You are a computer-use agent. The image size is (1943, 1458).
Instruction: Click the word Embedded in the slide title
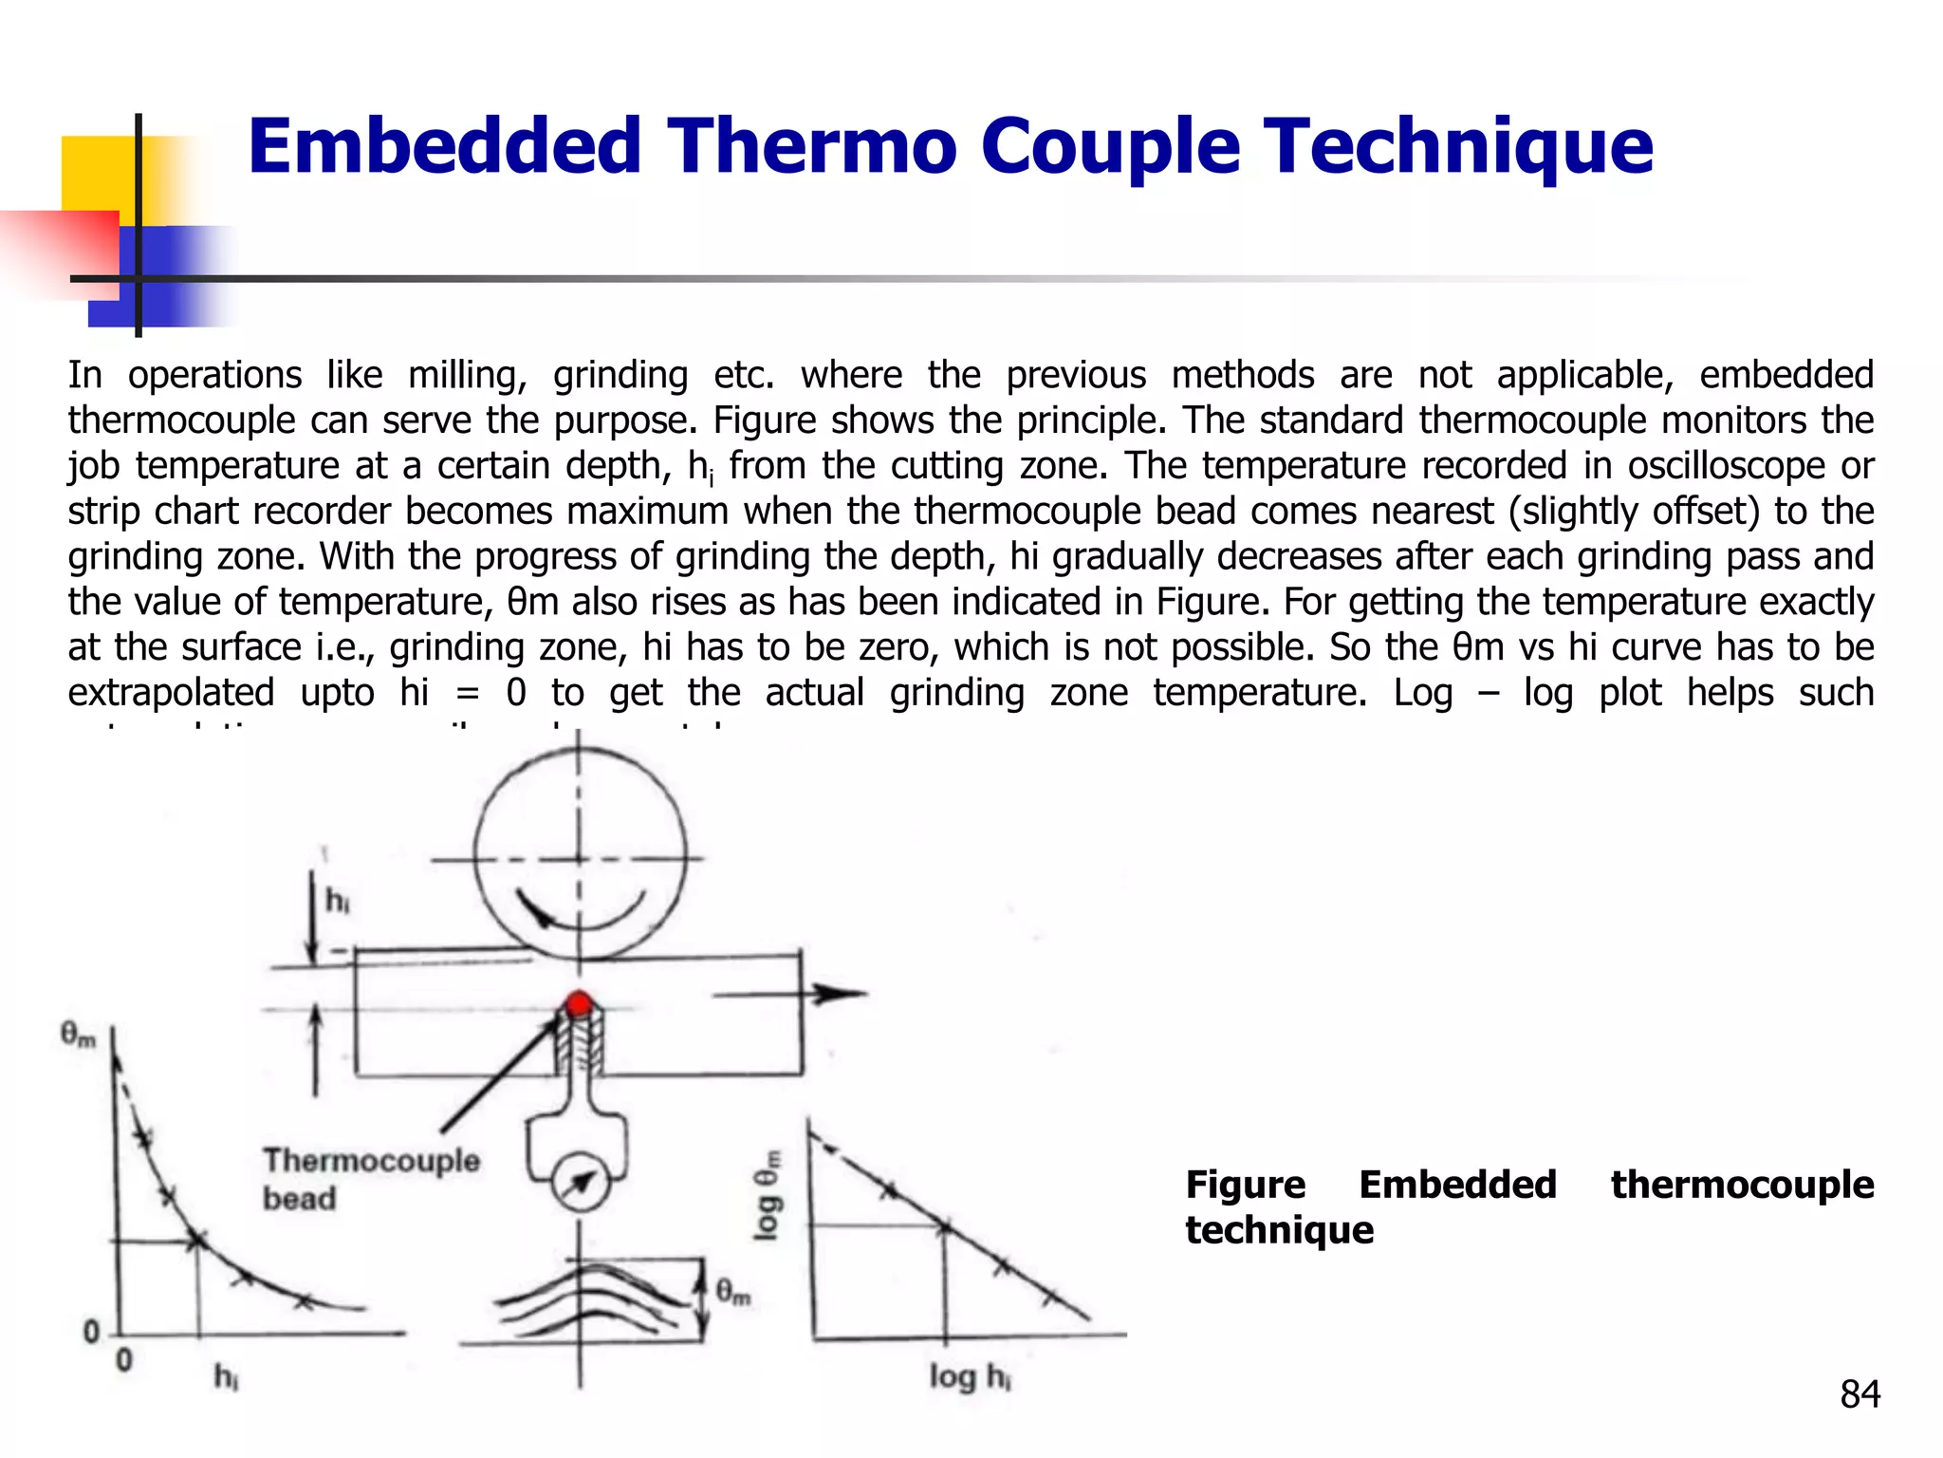click(445, 146)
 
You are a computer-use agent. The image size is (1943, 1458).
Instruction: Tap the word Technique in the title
click(1461, 146)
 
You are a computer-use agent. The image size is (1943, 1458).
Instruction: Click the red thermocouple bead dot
click(579, 1003)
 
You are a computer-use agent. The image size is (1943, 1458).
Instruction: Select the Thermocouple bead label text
click(371, 1178)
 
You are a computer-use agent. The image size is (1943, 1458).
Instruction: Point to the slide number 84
click(1860, 1394)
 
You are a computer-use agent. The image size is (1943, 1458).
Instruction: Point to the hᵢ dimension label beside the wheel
click(337, 900)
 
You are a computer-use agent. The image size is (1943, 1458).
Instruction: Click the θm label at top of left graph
click(78, 1034)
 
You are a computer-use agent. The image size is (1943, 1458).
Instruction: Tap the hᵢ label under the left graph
click(226, 1375)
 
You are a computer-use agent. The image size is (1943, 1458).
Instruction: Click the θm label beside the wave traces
click(732, 1292)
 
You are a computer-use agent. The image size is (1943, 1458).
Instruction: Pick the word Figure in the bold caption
click(1245, 1185)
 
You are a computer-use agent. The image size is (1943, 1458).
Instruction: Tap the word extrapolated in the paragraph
click(171, 693)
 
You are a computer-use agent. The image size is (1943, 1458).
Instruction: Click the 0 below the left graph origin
click(124, 1361)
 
